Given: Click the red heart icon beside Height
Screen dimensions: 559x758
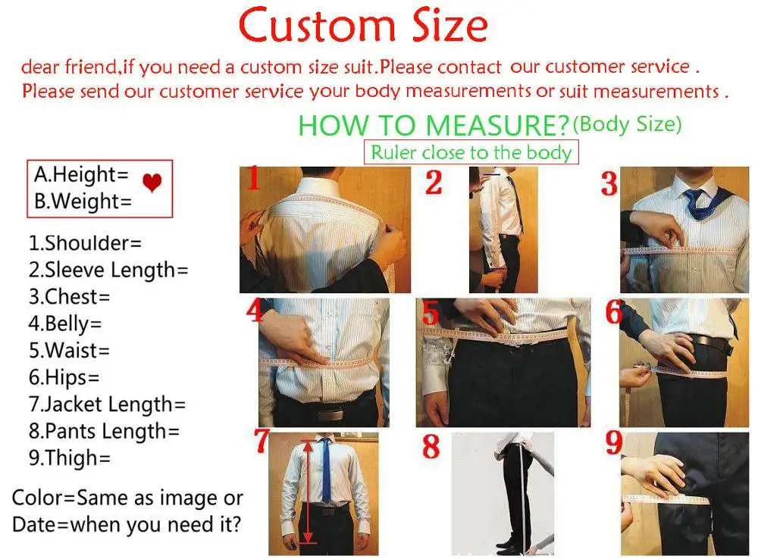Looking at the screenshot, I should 152,183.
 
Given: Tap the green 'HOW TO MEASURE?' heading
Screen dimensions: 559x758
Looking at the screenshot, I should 434,125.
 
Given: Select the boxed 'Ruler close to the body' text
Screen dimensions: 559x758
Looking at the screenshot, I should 471,152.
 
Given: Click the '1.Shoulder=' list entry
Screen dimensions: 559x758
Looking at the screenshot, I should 85,243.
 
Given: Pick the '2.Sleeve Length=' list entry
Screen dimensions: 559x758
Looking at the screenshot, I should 108,270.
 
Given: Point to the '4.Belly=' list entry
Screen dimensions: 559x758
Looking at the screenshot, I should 65,323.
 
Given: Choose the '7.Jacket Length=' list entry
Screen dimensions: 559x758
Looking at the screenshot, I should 107,404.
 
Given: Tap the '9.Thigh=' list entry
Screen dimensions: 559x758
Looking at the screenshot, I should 70,458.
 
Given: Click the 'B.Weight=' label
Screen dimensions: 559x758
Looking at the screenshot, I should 83,201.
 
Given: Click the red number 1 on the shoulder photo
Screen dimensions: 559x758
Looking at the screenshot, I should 255,180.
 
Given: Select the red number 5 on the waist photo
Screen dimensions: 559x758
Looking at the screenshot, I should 431,313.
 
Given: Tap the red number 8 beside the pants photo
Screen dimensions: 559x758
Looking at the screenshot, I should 431,447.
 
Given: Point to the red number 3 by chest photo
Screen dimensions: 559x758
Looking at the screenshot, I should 609,184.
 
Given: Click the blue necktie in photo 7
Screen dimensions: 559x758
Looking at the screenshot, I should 325,470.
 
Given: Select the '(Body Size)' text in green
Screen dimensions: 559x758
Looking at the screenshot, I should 627,123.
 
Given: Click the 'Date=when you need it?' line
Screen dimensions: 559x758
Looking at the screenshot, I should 126,524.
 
